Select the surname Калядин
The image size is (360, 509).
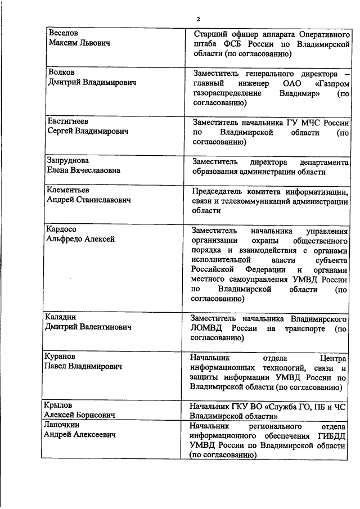[62, 317]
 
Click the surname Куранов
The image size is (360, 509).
[61, 357]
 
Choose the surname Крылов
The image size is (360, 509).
[60, 406]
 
